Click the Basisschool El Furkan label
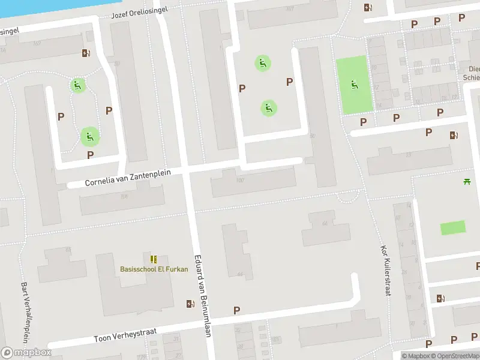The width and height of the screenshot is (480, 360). [x=154, y=269]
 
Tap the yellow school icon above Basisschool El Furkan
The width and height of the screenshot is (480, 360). [x=154, y=259]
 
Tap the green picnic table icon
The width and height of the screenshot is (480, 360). [x=466, y=181]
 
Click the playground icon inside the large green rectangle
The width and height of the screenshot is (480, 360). [x=353, y=86]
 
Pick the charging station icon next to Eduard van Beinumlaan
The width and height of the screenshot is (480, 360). [x=190, y=304]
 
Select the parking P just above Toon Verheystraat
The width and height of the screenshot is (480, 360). [x=237, y=310]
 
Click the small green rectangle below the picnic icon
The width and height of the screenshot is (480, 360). [x=452, y=228]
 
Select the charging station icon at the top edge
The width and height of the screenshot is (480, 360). [x=368, y=8]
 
